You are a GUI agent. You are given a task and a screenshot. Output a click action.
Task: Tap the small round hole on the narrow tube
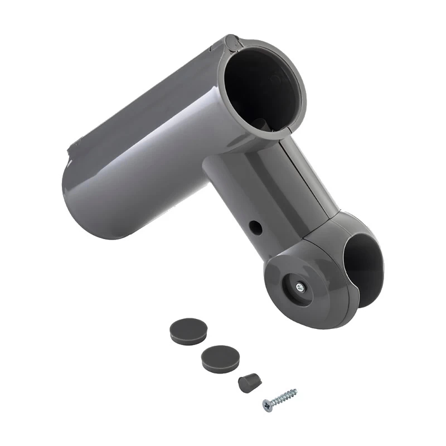[x=255, y=227]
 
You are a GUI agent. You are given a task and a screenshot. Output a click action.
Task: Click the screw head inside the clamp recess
[x=300, y=287]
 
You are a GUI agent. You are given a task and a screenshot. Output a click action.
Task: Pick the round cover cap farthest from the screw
[x=188, y=330]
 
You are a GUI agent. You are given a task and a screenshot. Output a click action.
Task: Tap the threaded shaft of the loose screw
[x=284, y=396]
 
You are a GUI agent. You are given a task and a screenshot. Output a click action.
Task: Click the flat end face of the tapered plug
[x=243, y=385]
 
